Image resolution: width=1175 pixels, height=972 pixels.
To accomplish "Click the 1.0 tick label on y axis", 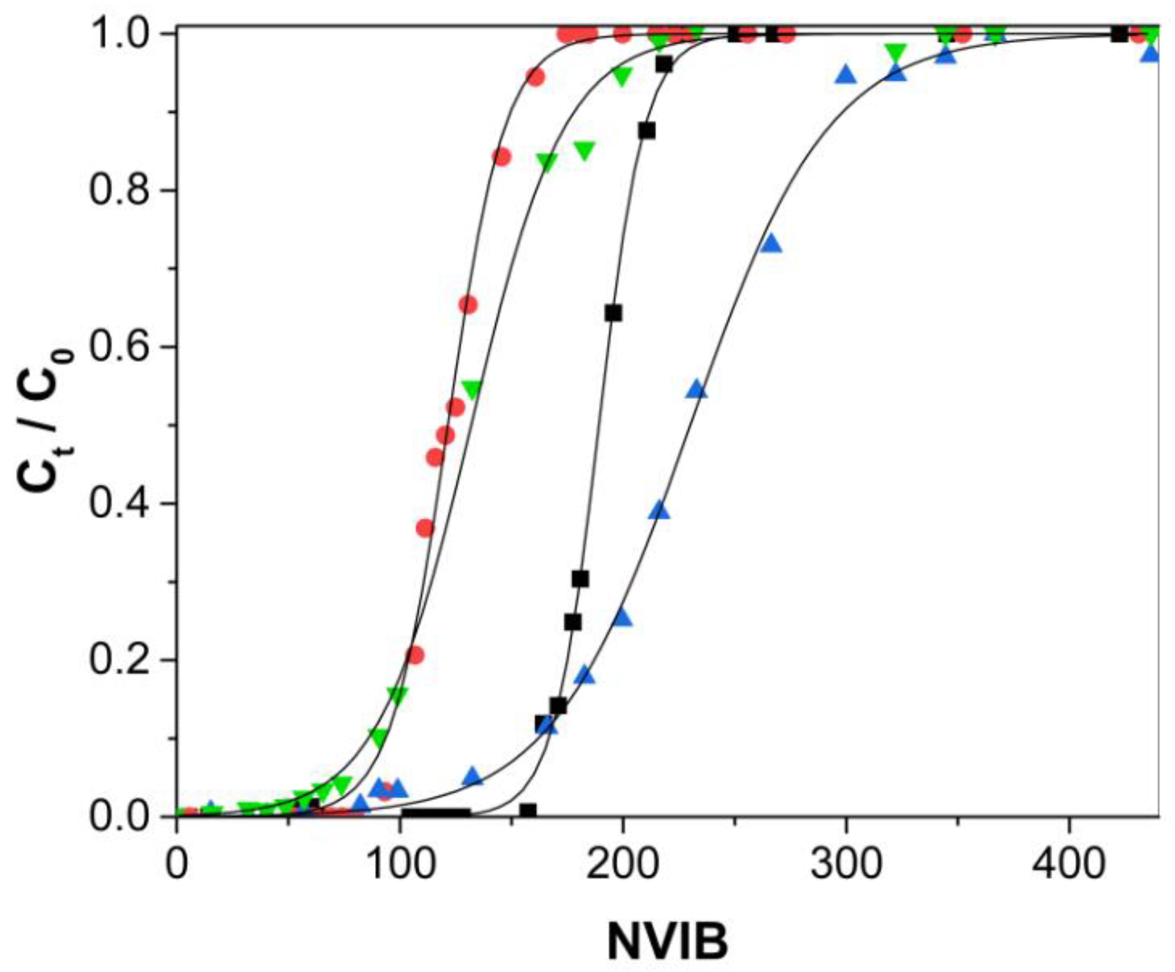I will click(x=122, y=33).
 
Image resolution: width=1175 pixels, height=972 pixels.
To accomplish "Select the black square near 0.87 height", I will click(x=647, y=131).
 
